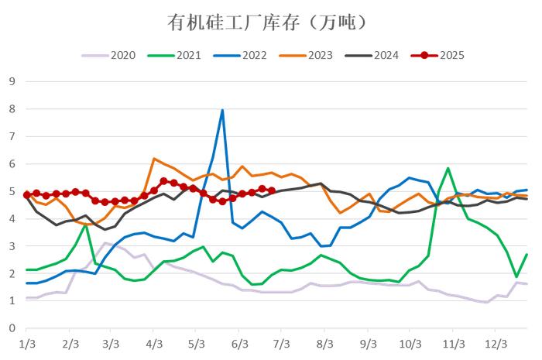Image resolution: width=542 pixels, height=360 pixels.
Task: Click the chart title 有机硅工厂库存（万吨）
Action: tap(266, 22)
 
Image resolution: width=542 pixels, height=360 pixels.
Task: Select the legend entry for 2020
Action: tap(114, 55)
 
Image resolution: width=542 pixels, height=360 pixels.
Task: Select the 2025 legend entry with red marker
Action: tap(442, 55)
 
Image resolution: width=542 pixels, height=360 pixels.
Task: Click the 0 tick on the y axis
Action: tap(12, 328)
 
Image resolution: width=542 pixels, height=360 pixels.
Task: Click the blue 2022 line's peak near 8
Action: tap(222, 110)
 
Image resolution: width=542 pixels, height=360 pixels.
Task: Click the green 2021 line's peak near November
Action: tap(448, 168)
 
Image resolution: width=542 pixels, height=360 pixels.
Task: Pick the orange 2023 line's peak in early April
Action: tap(154, 159)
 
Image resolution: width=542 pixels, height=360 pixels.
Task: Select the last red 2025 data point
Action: tap(271, 190)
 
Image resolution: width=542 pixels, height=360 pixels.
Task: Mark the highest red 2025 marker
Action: tap(163, 180)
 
